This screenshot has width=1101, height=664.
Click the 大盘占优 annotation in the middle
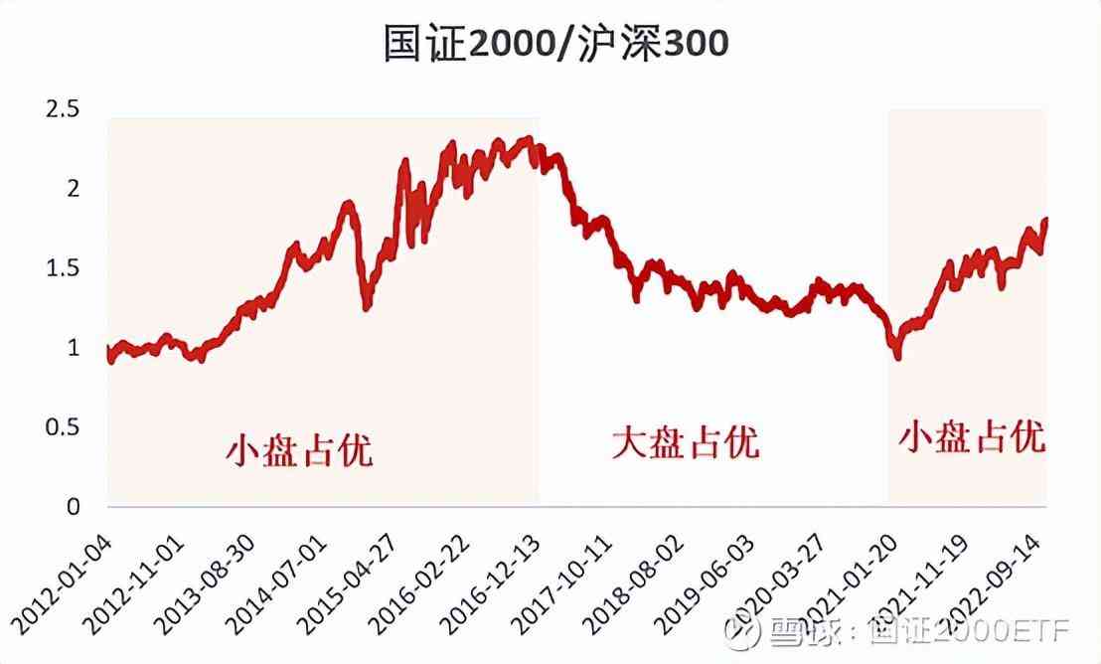[x=685, y=441]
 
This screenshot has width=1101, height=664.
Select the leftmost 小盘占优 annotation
[x=298, y=450]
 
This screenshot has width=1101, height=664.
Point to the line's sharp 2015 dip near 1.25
[x=367, y=307]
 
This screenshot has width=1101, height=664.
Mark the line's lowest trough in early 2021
[x=898, y=355]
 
